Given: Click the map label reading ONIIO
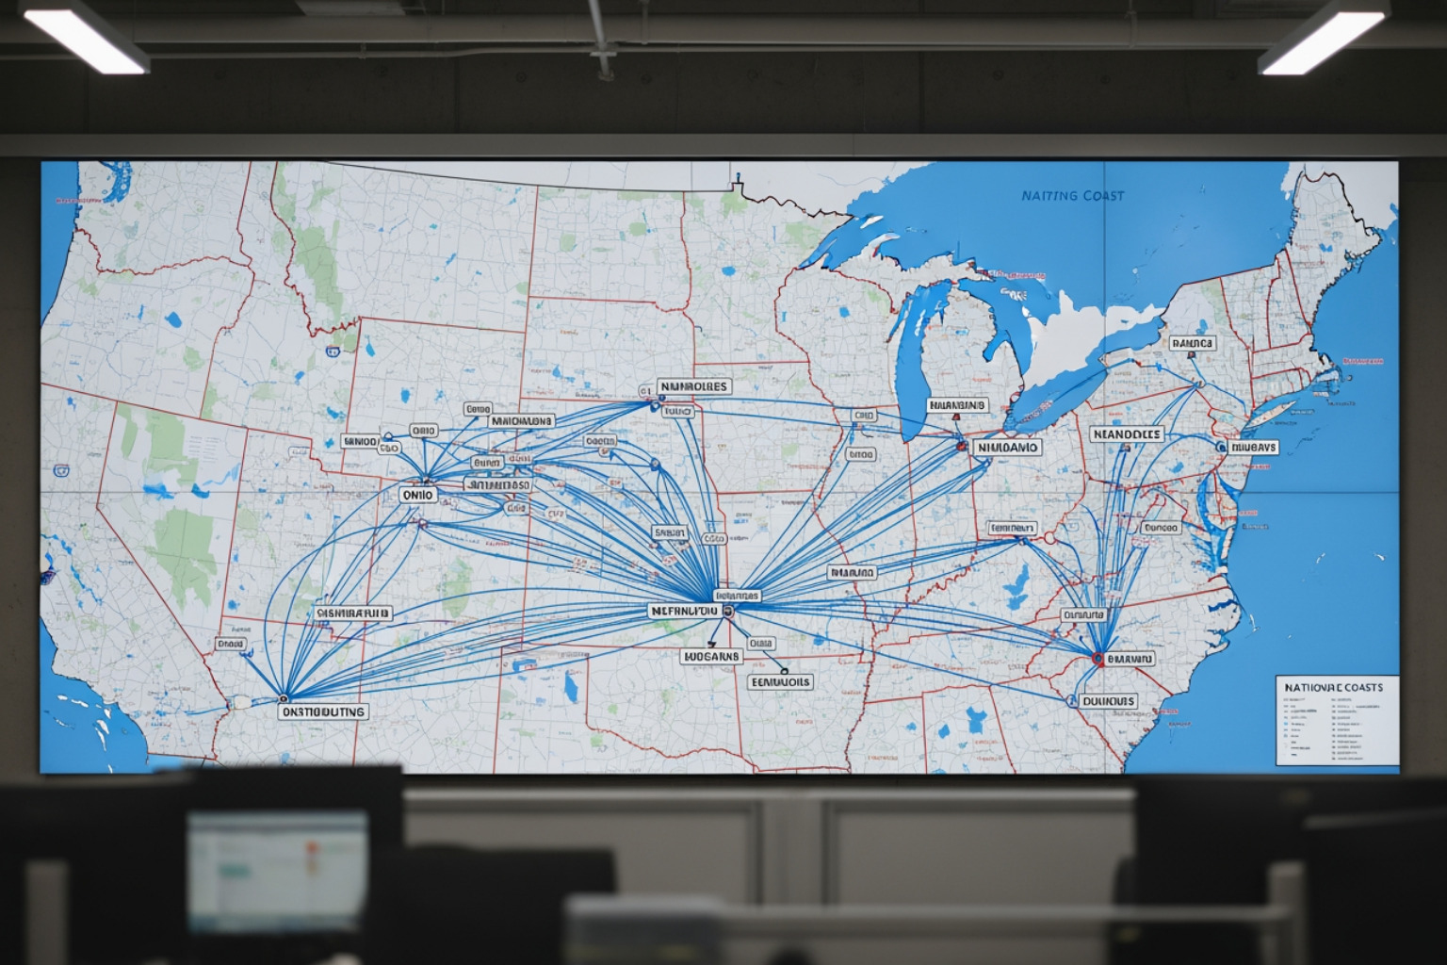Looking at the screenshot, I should [x=417, y=494].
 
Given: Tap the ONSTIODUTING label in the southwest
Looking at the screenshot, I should [x=323, y=712].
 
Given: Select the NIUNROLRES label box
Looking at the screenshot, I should [x=693, y=386].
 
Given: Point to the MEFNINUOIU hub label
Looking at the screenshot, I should [x=685, y=611].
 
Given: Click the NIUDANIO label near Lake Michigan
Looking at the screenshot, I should [x=1006, y=448].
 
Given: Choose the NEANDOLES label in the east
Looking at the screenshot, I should [x=1127, y=434].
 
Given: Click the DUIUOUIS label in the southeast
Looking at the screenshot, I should [x=1108, y=701].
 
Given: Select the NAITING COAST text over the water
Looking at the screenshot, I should [x=1072, y=196].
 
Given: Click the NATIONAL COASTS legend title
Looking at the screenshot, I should [x=1332, y=687].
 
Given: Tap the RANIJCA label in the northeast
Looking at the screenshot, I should [x=1192, y=344].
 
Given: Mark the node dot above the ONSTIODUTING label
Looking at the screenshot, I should [x=282, y=698].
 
